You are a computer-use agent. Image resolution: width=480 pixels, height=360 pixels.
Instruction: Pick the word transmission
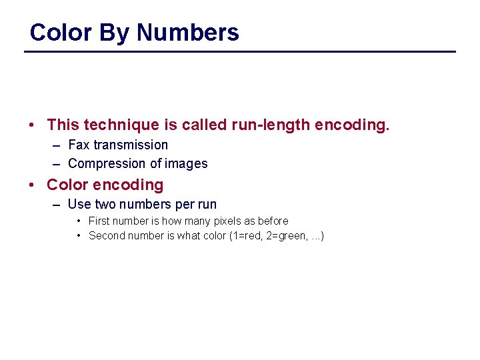131,145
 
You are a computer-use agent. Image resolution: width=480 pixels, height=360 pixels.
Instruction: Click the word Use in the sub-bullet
79,204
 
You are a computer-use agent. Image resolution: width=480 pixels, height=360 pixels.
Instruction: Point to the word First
99,221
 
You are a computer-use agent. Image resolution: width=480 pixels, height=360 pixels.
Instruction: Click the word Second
107,235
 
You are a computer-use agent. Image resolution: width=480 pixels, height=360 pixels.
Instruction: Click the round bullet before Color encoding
33,185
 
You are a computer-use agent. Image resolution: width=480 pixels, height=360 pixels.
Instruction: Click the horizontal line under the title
240,51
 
